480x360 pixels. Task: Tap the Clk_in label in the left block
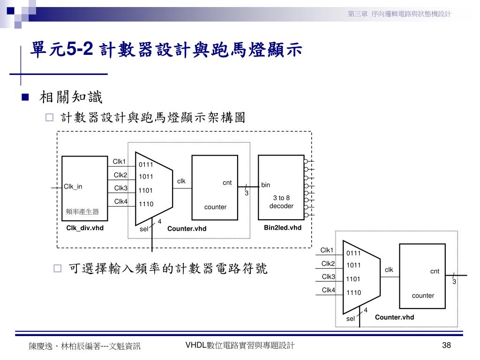click(x=73, y=187)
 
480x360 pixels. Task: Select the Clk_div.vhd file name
click(x=85, y=228)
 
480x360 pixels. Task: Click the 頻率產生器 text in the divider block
click(x=82, y=212)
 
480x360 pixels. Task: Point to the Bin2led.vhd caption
click(x=283, y=228)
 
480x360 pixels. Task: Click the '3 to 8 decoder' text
click(x=281, y=202)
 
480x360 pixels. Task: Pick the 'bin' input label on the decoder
click(x=266, y=185)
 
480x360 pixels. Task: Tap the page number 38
click(x=446, y=346)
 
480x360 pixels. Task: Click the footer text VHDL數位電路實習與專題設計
click(x=240, y=346)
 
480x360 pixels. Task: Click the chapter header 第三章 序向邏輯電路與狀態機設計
click(x=399, y=14)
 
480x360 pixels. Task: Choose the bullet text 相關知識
click(x=71, y=98)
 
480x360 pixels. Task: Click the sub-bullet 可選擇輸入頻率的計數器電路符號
click(x=168, y=269)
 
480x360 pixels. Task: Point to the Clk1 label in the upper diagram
click(x=119, y=162)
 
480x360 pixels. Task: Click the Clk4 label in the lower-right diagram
click(x=328, y=290)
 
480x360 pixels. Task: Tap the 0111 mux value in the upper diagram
click(x=146, y=165)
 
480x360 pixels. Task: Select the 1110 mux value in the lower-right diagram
click(x=353, y=293)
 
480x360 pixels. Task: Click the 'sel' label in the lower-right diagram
click(x=351, y=319)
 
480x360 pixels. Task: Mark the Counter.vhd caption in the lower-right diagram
click(x=394, y=317)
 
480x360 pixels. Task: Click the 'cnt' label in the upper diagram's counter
click(x=227, y=183)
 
